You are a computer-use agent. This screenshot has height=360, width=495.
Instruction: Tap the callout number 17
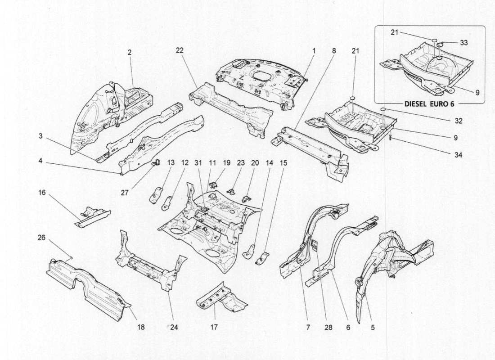tap(214, 328)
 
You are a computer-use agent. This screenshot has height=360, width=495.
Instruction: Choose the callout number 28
tap(328, 328)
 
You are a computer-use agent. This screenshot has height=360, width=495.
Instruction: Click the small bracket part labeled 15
tap(262, 258)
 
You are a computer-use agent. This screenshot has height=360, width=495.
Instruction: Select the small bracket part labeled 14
tap(248, 251)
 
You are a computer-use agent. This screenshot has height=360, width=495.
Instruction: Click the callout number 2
tap(129, 52)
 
